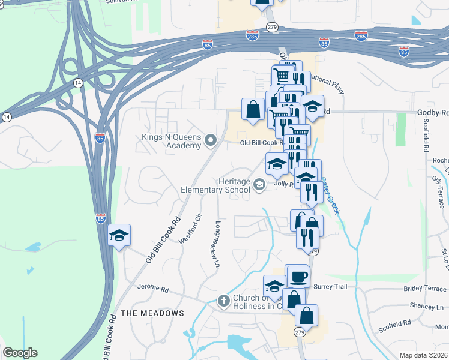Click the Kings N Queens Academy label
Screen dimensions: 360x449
point(171,141)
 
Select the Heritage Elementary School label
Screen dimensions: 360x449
point(215,185)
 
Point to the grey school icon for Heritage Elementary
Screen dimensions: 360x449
point(259,184)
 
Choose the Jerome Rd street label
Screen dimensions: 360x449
point(153,288)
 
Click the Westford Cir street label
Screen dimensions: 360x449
point(199,224)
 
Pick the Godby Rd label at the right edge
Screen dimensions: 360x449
point(432,113)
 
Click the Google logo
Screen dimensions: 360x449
point(20,353)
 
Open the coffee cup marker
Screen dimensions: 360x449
point(298,277)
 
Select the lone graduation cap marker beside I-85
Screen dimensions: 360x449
point(119,235)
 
